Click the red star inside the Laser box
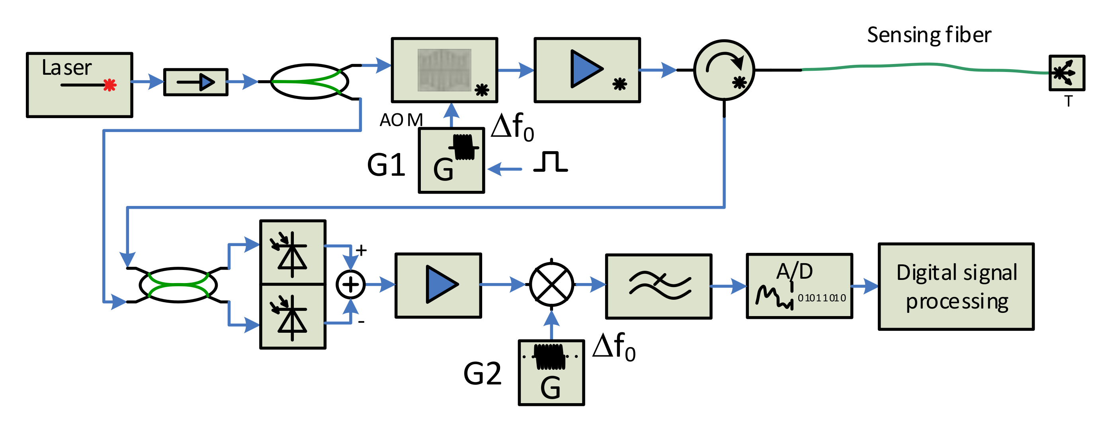point(110,85)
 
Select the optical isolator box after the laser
point(195,82)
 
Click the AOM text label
point(401,120)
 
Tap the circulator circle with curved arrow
point(724,70)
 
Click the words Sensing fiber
point(928,35)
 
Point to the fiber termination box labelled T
point(1067,73)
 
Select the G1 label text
point(386,165)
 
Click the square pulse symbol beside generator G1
point(550,162)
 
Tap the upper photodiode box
point(293,252)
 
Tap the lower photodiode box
point(293,316)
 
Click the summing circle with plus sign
point(350,284)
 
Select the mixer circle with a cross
point(551,284)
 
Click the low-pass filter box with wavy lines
point(659,286)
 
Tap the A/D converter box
point(799,286)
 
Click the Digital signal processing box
point(956,287)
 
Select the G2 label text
point(482,374)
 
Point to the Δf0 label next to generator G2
point(614,347)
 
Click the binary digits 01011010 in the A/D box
point(821,298)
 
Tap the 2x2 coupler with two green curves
point(178,285)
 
